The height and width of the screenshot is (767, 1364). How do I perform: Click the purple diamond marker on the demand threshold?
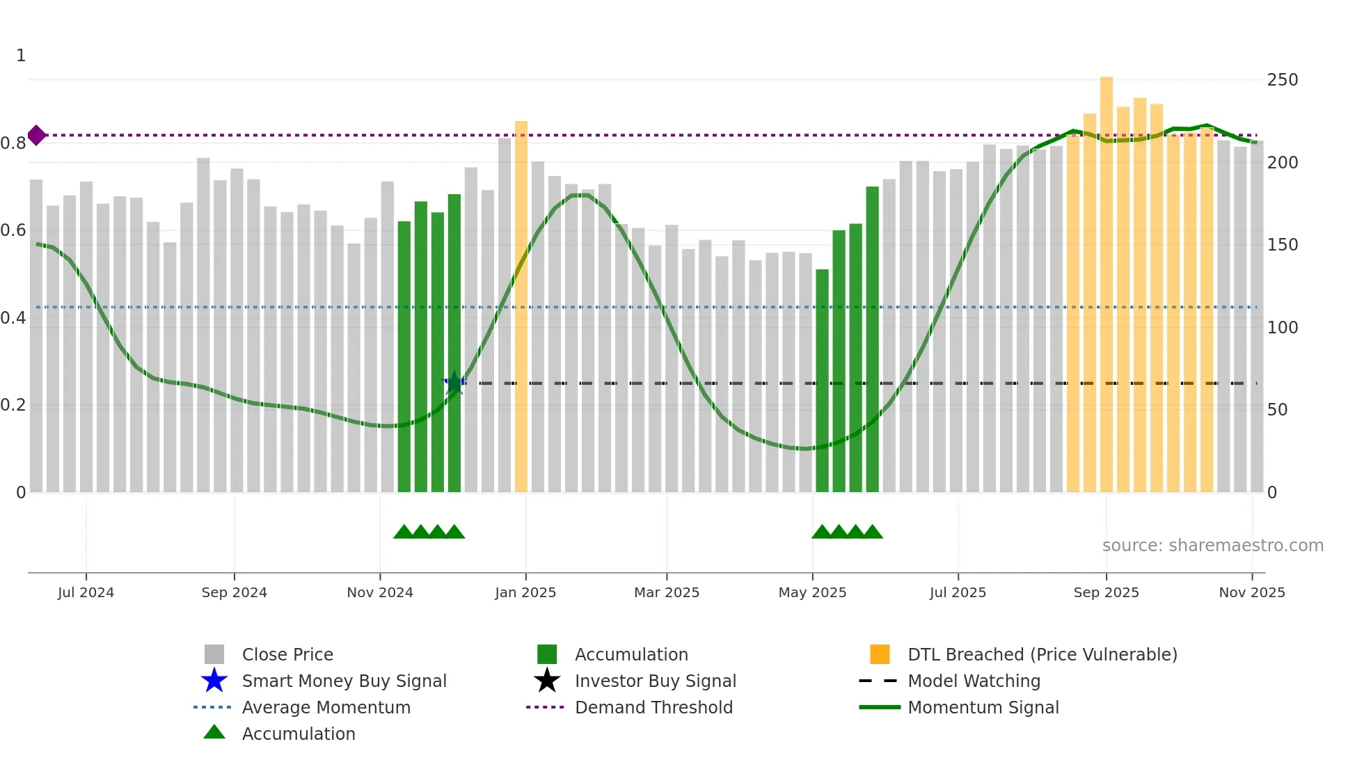[x=37, y=135]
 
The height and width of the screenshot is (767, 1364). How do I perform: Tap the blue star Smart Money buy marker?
[x=454, y=383]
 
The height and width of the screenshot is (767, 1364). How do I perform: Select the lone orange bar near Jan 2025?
[x=521, y=306]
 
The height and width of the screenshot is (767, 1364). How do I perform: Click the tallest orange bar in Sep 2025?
[x=1106, y=278]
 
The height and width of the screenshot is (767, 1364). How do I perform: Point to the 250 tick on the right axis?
[x=1282, y=80]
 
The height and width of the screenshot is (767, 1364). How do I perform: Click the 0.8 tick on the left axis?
[x=14, y=143]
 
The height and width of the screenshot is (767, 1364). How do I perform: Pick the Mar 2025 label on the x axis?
[x=666, y=592]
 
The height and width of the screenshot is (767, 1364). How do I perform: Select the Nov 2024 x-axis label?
[x=380, y=592]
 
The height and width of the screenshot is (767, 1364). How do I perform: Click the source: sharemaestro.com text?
[x=1212, y=546]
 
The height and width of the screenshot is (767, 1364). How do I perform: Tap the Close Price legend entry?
[x=287, y=654]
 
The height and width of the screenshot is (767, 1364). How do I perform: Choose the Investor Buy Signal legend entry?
[x=655, y=681]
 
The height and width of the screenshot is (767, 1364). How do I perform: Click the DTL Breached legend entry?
[x=1042, y=654]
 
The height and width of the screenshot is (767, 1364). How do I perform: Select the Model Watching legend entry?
[x=974, y=681]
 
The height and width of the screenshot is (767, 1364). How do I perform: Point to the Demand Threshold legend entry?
[x=653, y=707]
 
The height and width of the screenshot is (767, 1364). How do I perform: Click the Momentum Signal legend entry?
[x=983, y=707]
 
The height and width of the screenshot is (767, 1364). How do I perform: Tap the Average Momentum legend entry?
[x=326, y=707]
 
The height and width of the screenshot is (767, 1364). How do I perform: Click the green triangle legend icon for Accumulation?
[x=214, y=732]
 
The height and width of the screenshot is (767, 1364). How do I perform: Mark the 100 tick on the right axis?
[x=1282, y=327]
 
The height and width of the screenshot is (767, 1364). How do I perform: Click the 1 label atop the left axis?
[x=21, y=56]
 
